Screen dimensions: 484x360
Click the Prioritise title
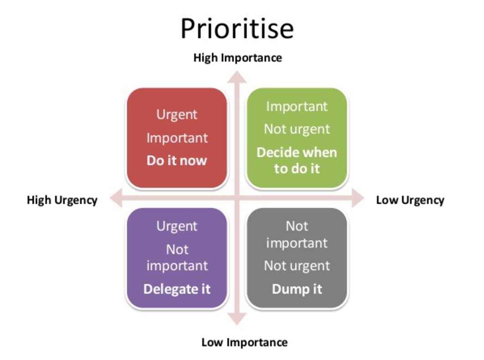237,29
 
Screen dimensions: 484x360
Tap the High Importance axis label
237,58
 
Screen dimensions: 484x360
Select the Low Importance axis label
244,342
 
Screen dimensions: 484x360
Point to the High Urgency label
62,200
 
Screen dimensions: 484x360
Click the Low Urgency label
410,200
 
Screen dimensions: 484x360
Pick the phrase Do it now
177,160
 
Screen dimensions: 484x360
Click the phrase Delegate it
177,289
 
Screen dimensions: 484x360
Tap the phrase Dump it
297,289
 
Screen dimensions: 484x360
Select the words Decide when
297,153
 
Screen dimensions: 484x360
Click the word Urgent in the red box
177,115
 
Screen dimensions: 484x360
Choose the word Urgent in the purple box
177,226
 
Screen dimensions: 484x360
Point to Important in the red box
177,138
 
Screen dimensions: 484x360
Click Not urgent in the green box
297,129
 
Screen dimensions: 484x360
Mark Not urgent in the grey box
297,266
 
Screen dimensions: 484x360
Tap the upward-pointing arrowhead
237,77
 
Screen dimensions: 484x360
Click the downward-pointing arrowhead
237,319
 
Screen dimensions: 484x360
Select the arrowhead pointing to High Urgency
116,198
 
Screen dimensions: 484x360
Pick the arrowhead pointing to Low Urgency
358,198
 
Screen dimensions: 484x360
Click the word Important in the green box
297,107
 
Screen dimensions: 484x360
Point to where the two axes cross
237,198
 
